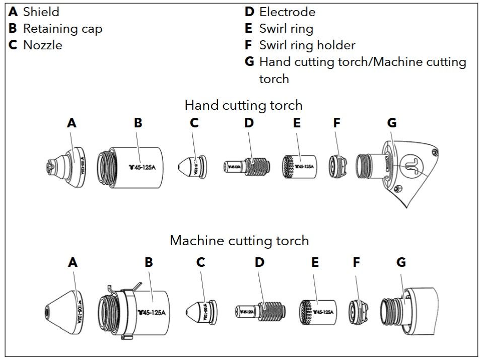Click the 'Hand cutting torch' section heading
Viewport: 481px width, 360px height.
click(243, 105)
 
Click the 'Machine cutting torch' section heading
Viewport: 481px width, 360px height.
click(239, 240)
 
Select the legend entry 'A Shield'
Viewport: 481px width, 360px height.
click(34, 12)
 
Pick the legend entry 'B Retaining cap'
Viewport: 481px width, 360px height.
click(55, 29)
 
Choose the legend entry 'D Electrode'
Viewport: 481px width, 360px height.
click(280, 12)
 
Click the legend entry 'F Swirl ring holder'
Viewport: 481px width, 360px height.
click(300, 45)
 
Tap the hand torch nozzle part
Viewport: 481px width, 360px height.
click(191, 166)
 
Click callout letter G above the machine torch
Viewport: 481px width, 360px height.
click(401, 262)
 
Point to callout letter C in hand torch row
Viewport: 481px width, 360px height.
click(194, 123)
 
